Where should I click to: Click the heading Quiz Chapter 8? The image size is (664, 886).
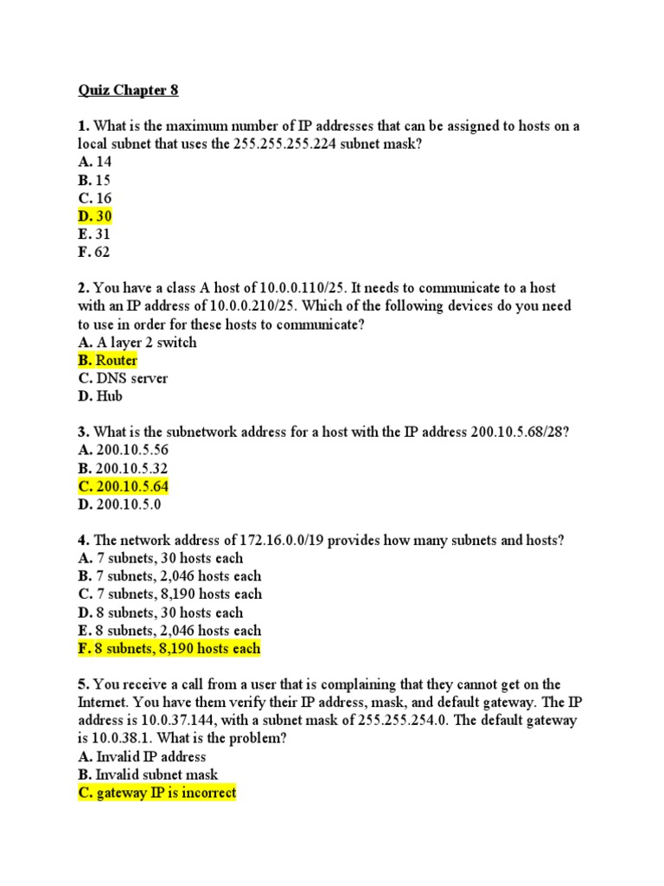[128, 90]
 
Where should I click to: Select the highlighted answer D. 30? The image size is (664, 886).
[94, 216]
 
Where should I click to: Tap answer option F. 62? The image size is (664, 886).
[93, 253]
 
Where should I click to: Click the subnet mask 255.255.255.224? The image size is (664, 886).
[290, 144]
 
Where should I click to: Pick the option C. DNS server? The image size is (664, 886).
[122, 378]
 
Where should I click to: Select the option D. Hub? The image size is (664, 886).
[100, 396]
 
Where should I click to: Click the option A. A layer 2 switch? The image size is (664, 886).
[137, 343]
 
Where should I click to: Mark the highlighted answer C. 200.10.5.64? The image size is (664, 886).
[123, 486]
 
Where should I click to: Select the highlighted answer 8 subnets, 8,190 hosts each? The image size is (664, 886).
[169, 648]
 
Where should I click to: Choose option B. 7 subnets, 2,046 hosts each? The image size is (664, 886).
[169, 576]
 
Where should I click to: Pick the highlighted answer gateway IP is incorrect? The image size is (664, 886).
[156, 793]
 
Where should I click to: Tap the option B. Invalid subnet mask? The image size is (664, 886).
[148, 774]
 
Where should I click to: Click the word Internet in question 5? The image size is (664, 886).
[105, 703]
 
